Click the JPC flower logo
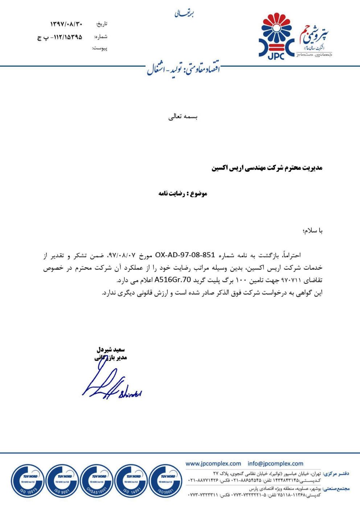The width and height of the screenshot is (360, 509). tap(277, 36)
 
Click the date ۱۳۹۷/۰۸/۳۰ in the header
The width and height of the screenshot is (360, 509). tap(66, 24)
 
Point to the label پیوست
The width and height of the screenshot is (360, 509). tap(99, 48)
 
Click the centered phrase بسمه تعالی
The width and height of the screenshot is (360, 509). tap(183, 117)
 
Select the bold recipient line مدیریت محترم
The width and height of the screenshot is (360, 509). tap(267, 168)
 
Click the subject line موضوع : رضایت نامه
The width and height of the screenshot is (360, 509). tap(183, 193)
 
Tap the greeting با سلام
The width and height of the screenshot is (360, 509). tap(311, 231)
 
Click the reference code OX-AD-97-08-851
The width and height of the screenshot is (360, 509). tap(185, 255)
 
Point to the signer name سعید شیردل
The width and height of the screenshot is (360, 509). tap(111, 350)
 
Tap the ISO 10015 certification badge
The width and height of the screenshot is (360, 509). tap(28, 481)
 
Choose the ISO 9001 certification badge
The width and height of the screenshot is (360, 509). tap(62, 481)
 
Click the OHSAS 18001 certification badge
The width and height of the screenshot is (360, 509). tap(97, 481)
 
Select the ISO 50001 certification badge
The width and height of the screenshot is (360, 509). tap(166, 481)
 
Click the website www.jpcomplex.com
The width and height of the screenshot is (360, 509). tap(213, 463)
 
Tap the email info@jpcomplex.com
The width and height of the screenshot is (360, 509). tap(275, 463)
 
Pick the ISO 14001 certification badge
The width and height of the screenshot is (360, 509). tap(131, 481)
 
